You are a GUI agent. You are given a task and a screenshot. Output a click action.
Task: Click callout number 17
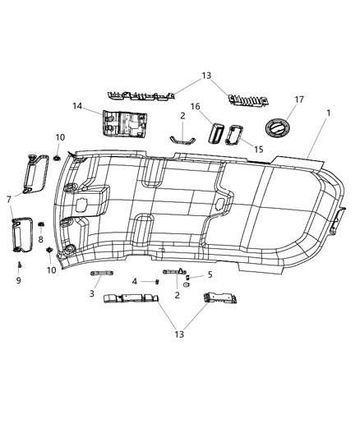click(299, 99)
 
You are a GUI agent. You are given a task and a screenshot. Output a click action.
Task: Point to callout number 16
click(196, 106)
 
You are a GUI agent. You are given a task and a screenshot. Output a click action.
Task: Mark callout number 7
click(9, 199)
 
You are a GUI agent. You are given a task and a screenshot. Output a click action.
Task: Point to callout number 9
click(18, 280)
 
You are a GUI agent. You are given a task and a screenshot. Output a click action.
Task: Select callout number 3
click(92, 293)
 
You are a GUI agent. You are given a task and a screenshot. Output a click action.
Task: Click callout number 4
click(134, 281)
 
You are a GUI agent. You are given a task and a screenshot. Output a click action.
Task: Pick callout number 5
click(210, 274)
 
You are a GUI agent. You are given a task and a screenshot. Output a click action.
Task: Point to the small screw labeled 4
click(155, 281)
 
